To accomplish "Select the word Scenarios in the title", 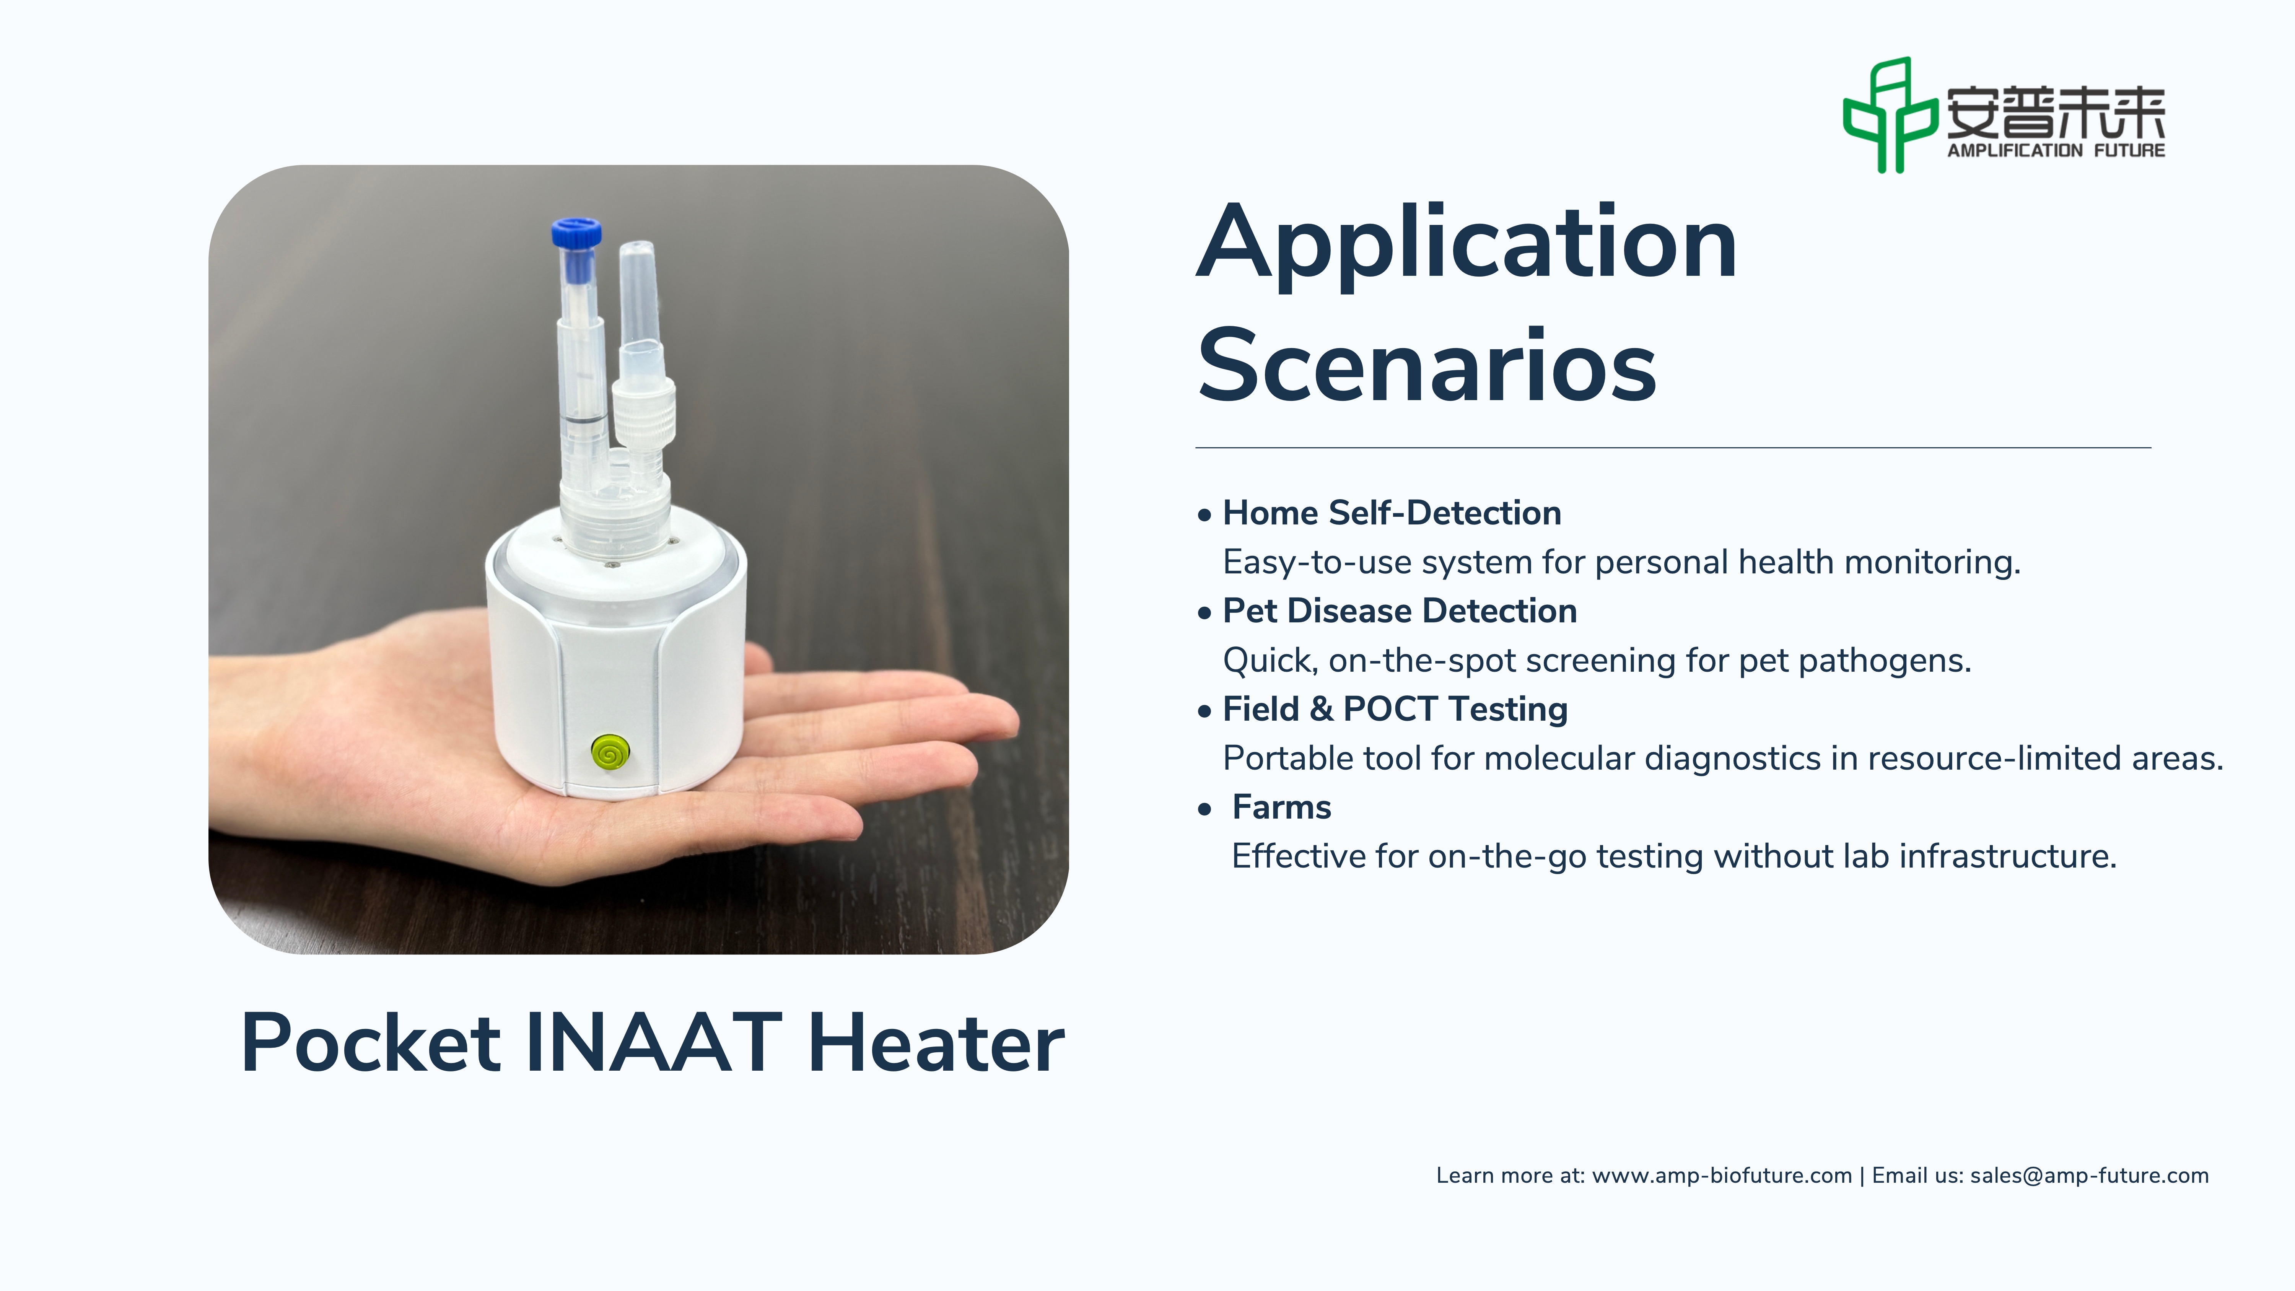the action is pos(1426,365).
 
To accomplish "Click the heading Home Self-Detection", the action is pos(1392,513).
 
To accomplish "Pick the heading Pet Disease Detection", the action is pos(1400,611).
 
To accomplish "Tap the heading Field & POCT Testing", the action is pos(1395,709).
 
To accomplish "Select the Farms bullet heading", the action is pos(1281,807).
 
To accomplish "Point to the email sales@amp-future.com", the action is pos(2089,1176).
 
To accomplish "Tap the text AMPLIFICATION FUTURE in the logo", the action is pos(2056,151).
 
